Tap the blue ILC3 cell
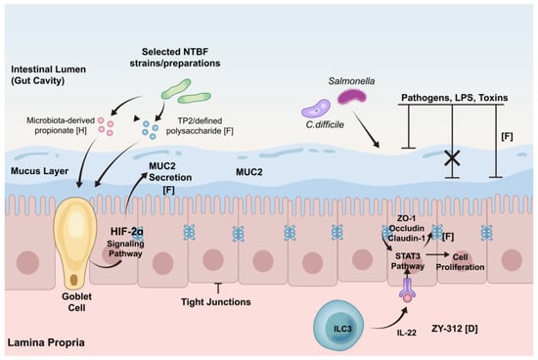coord(339,327)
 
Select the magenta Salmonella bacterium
coord(352,96)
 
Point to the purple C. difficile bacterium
coord(316,109)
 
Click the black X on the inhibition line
coord(452,157)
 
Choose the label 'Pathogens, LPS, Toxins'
coord(455,98)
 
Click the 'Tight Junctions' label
coord(216,302)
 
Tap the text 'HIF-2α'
coord(127,231)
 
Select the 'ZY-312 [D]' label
coord(454,329)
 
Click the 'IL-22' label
coord(407,333)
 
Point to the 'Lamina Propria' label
coord(46,342)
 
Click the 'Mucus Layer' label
coord(39,171)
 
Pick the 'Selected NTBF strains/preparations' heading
coord(175,58)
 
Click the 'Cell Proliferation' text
coord(460,262)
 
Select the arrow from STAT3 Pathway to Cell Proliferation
coord(437,254)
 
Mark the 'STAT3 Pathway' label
coord(408,261)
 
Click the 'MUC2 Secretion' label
coord(170,171)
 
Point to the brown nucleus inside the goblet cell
coord(74,280)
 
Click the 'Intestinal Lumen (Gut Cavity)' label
coord(48,74)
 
